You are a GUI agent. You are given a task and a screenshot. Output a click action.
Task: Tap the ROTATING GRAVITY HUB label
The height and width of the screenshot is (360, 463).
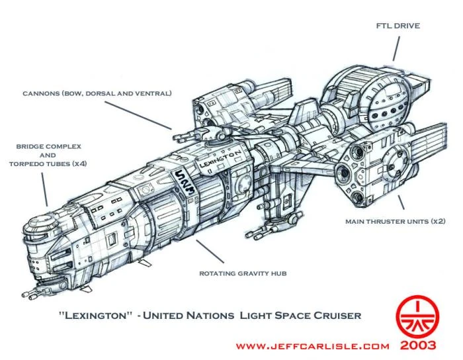(x=243, y=272)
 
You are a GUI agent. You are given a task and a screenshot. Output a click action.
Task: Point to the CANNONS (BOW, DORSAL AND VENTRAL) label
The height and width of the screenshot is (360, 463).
(x=97, y=94)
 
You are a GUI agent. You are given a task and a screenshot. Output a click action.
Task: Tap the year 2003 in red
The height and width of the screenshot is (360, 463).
(x=418, y=345)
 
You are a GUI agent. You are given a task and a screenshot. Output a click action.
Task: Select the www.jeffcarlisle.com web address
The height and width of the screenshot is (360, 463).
(x=311, y=345)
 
